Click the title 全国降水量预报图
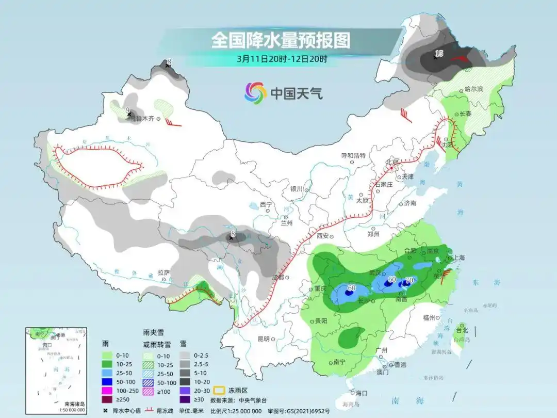[281, 40]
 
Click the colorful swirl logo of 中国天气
[255, 93]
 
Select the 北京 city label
[393, 162]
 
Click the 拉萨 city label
[163, 272]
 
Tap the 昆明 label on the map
[263, 339]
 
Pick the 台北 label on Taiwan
[461, 330]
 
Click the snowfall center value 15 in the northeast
[439, 53]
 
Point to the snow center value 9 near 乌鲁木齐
[127, 110]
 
